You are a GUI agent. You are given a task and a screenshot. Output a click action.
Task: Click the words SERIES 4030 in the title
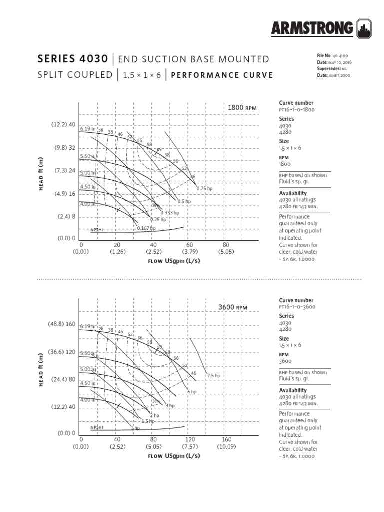tap(72, 59)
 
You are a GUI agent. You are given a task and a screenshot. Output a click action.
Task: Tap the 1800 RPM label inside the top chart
tap(242, 107)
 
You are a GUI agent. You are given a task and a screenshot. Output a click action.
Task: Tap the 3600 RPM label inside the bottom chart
tap(233, 307)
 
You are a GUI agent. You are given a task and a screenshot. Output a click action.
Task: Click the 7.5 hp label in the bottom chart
tap(214, 375)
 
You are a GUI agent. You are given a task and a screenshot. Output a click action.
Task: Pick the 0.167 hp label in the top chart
tap(146, 228)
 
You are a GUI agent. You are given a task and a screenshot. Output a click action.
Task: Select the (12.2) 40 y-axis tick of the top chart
tap(63, 124)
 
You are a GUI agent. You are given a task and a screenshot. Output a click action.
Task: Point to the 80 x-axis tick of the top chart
tap(226, 245)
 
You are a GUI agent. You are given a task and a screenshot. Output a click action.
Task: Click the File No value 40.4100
tap(335, 55)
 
